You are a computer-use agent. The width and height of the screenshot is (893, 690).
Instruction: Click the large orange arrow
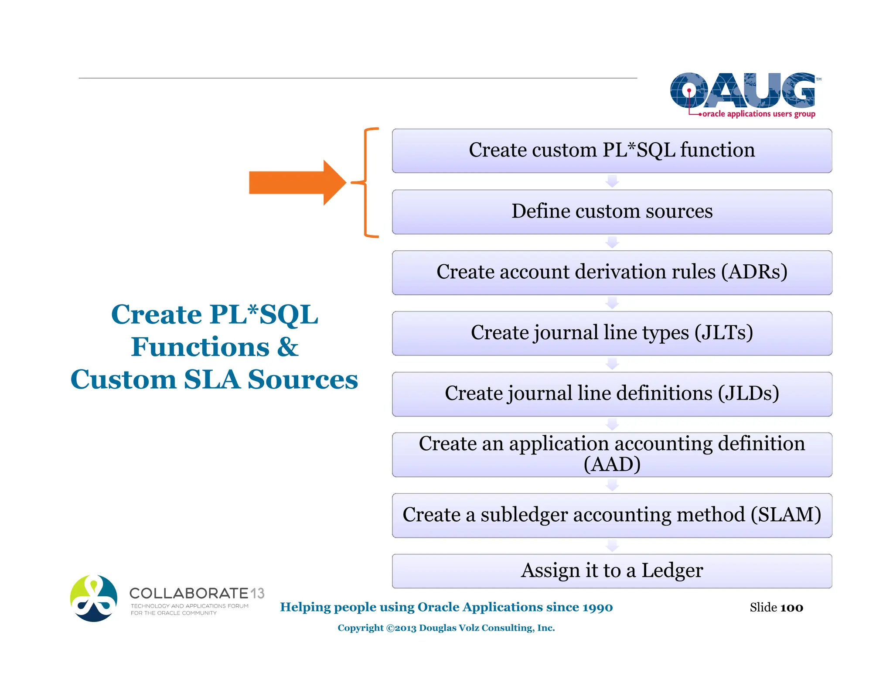[x=297, y=182]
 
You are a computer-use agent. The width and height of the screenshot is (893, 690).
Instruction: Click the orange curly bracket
[x=366, y=183]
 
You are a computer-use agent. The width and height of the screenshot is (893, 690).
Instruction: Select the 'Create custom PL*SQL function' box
[x=611, y=150]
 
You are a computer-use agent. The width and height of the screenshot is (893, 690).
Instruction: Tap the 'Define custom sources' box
[x=611, y=212]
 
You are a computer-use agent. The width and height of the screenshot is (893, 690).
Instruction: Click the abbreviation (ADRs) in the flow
[x=754, y=272]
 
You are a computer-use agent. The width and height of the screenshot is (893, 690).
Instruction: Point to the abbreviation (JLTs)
[x=723, y=332]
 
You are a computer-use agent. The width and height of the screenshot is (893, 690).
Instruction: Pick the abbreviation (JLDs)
[x=748, y=393]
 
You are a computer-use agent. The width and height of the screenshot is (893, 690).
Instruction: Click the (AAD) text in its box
[x=612, y=464]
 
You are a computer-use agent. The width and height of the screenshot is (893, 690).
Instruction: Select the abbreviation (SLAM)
[x=785, y=515]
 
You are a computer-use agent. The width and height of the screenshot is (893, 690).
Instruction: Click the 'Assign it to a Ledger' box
[x=611, y=570]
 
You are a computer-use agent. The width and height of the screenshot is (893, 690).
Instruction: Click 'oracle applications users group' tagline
[x=759, y=114]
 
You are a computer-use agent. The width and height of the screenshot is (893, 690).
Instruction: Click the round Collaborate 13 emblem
[x=94, y=598]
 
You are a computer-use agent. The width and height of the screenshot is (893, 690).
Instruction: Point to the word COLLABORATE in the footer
[x=189, y=593]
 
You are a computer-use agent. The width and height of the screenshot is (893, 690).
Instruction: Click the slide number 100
[x=791, y=608]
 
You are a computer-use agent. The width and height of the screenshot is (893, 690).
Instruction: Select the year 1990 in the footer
[x=597, y=607]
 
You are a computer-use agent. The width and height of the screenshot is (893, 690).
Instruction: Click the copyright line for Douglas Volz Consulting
[x=446, y=628]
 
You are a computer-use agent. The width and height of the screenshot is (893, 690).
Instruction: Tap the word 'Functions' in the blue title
[x=200, y=347]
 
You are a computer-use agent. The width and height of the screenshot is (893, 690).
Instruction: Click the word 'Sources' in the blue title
[x=303, y=379]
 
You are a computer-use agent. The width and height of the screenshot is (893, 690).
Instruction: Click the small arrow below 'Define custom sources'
[x=612, y=242]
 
